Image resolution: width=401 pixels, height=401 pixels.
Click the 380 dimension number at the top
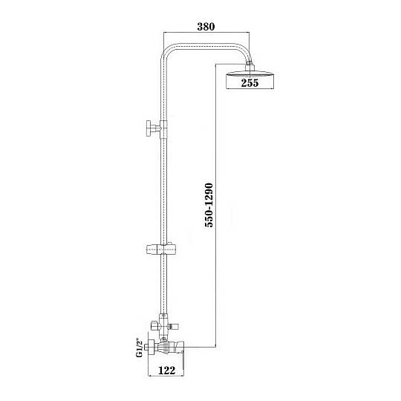click(206, 27)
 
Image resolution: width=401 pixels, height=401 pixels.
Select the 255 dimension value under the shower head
click(250, 83)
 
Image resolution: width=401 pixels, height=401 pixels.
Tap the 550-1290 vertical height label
click(209, 205)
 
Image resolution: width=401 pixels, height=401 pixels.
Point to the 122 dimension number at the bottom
click(167, 370)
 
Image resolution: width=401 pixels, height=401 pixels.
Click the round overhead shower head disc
click(250, 75)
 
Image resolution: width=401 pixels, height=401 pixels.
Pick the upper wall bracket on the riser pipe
click(157, 129)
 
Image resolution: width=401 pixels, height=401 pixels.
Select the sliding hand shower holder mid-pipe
click(161, 249)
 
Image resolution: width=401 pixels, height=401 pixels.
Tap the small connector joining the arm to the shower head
click(250, 65)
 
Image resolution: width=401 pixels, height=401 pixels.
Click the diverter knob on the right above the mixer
click(174, 326)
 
